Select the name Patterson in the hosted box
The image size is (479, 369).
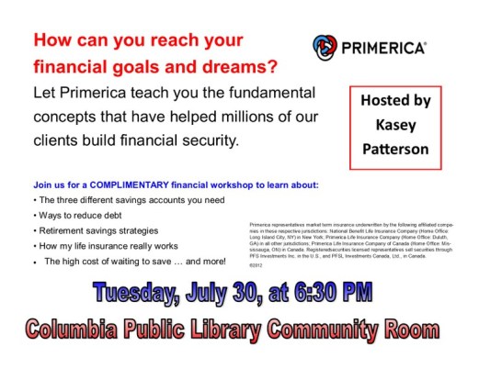tap(395, 146)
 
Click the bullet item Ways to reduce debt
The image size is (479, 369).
tap(74, 215)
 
